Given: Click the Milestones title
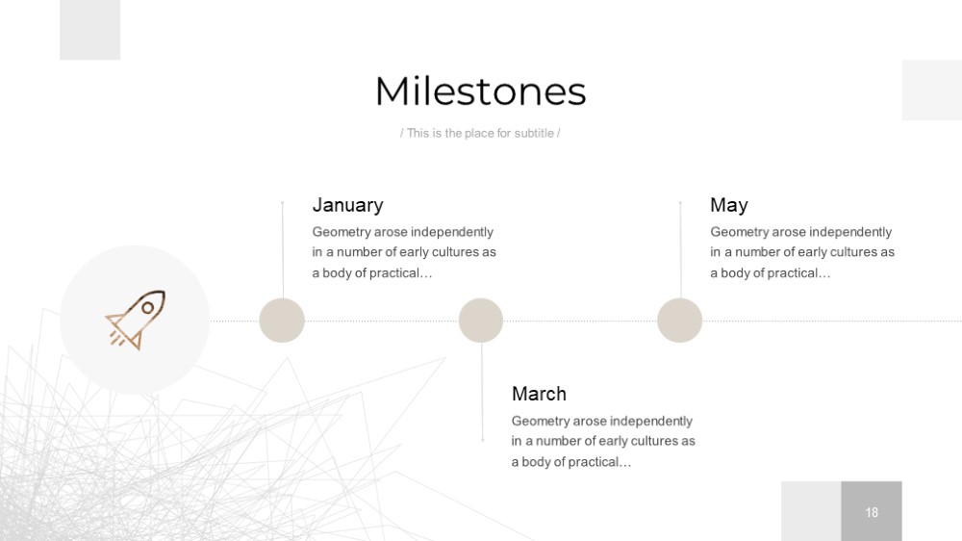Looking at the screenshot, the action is click(480, 91).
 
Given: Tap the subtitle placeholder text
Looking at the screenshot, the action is click(480, 133).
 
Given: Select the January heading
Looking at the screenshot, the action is click(348, 205).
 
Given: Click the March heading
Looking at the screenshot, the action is click(539, 394).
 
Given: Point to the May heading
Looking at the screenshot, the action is click(729, 205).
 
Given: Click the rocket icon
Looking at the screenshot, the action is click(136, 320).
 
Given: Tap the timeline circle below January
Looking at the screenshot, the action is click(282, 321).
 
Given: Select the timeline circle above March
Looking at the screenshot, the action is click(480, 321).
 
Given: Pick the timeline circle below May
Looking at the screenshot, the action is click(679, 321).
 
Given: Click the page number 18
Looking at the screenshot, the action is click(872, 512).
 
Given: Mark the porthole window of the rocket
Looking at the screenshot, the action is click(148, 308).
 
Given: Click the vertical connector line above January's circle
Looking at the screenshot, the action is click(282, 250).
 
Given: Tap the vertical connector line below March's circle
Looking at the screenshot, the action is click(482, 392).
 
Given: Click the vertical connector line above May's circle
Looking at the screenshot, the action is click(680, 250).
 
